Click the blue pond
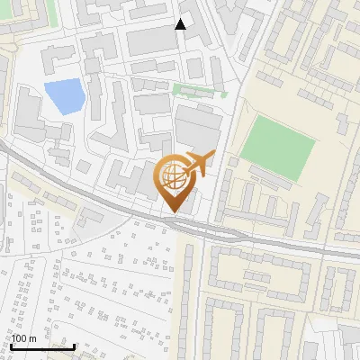click(62, 95)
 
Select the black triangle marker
click(181, 23)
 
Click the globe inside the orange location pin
click(174, 177)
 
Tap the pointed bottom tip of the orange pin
click(171, 213)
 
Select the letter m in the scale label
click(32, 338)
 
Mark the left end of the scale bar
click(11, 346)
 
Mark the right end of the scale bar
click(75, 346)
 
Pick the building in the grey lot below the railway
click(91, 216)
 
